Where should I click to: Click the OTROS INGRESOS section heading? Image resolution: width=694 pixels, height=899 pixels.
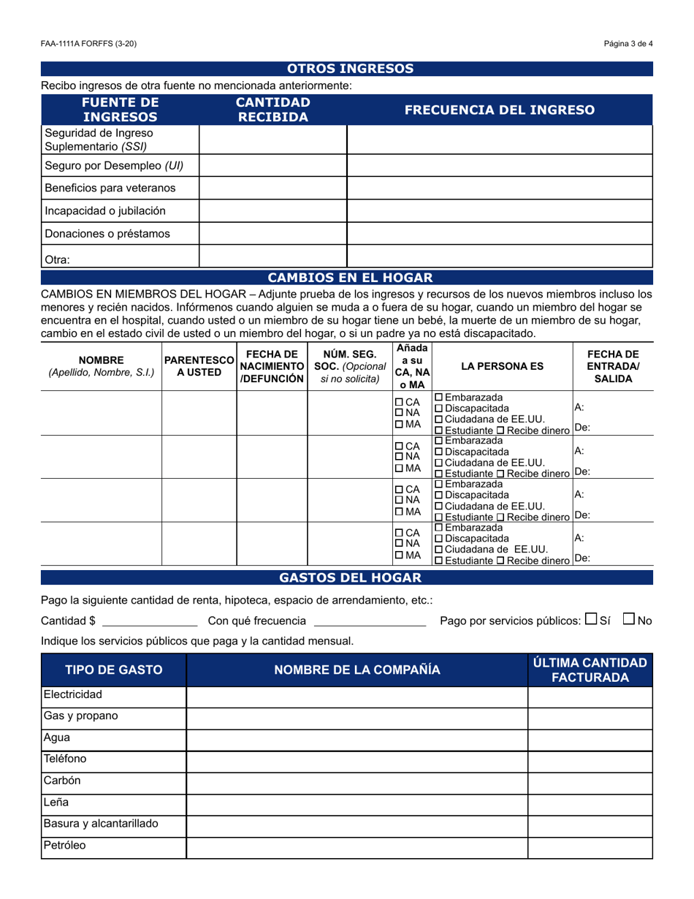tap(350, 69)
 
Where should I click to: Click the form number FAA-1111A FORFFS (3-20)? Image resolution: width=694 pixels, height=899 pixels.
tap(88, 44)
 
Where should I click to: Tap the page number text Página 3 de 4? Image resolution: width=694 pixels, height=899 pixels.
tap(628, 44)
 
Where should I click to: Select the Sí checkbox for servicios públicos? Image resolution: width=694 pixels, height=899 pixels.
tap(591, 619)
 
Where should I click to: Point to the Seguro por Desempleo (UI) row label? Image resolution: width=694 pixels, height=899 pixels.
tap(114, 165)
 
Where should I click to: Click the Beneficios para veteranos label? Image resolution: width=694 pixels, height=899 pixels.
tap(110, 188)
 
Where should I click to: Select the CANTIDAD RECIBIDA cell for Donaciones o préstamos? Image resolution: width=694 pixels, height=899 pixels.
tap(272, 234)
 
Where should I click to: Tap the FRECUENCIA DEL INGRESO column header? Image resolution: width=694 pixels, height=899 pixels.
tap(499, 110)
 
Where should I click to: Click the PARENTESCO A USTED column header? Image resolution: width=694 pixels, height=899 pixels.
tap(199, 365)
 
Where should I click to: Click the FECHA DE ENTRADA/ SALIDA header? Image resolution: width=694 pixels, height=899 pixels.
tap(613, 365)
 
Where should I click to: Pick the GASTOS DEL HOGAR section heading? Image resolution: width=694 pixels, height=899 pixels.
tap(350, 577)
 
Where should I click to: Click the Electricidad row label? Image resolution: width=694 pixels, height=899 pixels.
tap(73, 694)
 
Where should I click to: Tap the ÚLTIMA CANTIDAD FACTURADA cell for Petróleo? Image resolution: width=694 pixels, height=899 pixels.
tap(590, 848)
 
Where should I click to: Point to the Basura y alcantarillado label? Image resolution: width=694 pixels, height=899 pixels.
tap(101, 824)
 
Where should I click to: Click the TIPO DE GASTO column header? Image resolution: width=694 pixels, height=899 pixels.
tap(114, 669)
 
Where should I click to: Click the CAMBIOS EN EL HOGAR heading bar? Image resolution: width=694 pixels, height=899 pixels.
tap(350, 278)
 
